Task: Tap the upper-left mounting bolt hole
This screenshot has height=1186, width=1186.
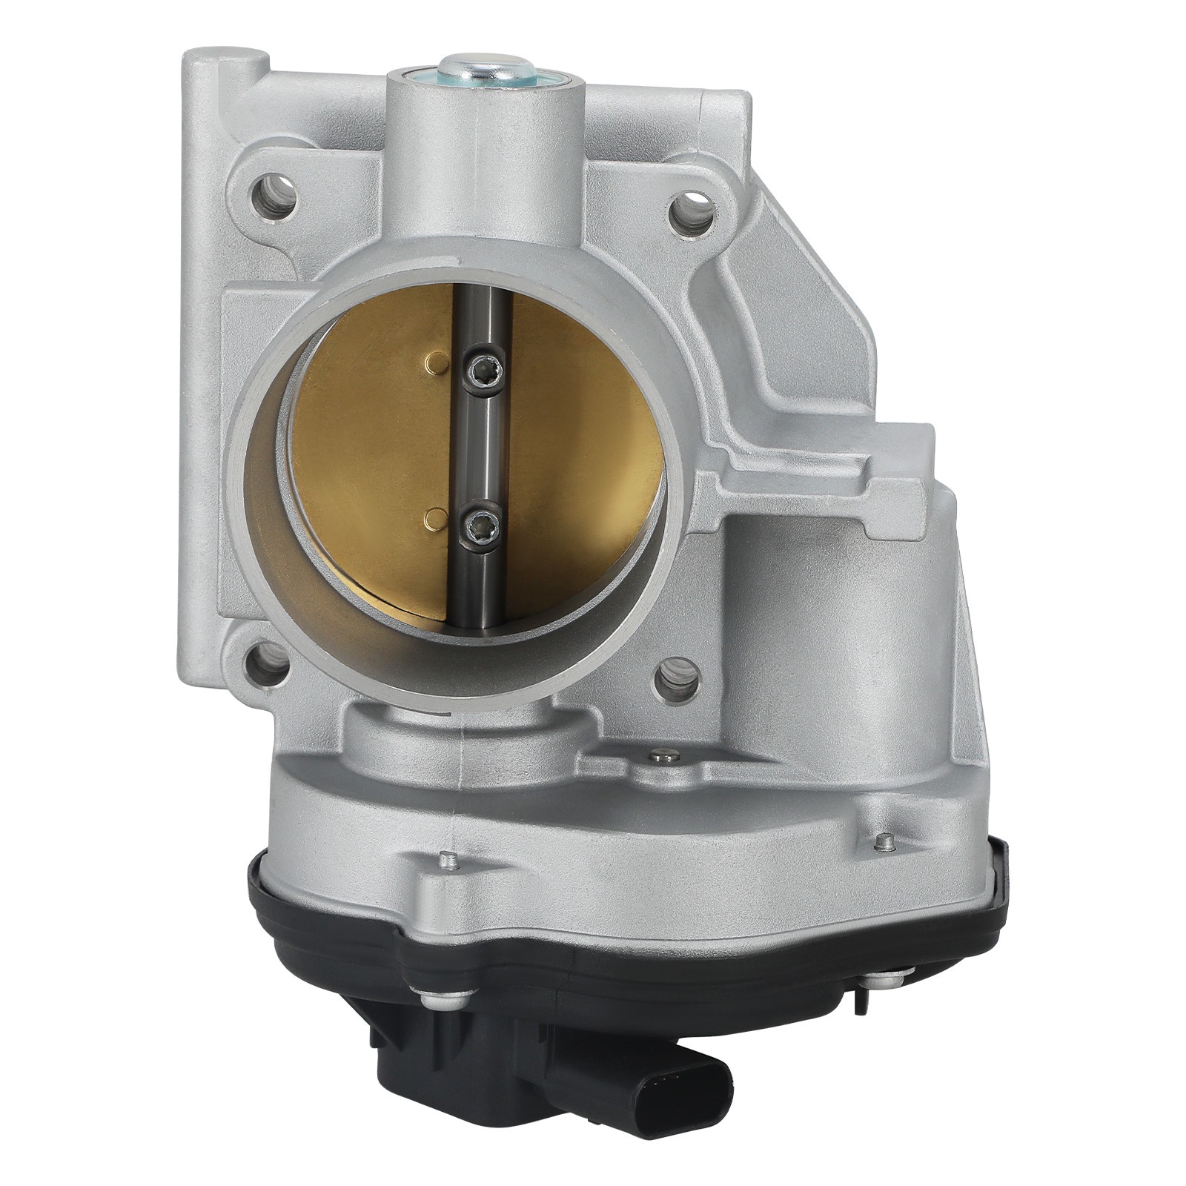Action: pos(278,196)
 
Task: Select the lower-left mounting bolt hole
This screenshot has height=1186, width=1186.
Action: pos(266,664)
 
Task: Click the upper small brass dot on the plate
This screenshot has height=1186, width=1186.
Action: pos(436,363)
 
